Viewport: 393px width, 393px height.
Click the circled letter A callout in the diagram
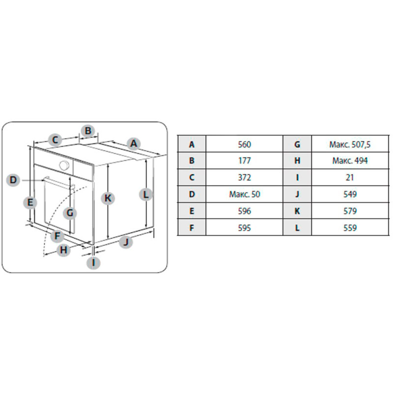click(x=134, y=143)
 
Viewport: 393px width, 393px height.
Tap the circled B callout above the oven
click(x=88, y=131)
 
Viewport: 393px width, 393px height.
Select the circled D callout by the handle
click(x=13, y=180)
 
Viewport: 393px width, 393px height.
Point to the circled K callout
click(x=108, y=198)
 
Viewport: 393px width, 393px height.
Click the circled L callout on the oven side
click(x=145, y=194)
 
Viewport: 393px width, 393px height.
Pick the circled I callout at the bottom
click(x=93, y=263)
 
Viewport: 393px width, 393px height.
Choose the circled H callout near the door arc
click(x=64, y=250)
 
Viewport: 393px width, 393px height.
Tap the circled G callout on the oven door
click(x=70, y=213)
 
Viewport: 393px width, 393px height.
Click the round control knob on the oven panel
click(x=64, y=165)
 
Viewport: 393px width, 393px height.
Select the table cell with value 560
click(x=244, y=144)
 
